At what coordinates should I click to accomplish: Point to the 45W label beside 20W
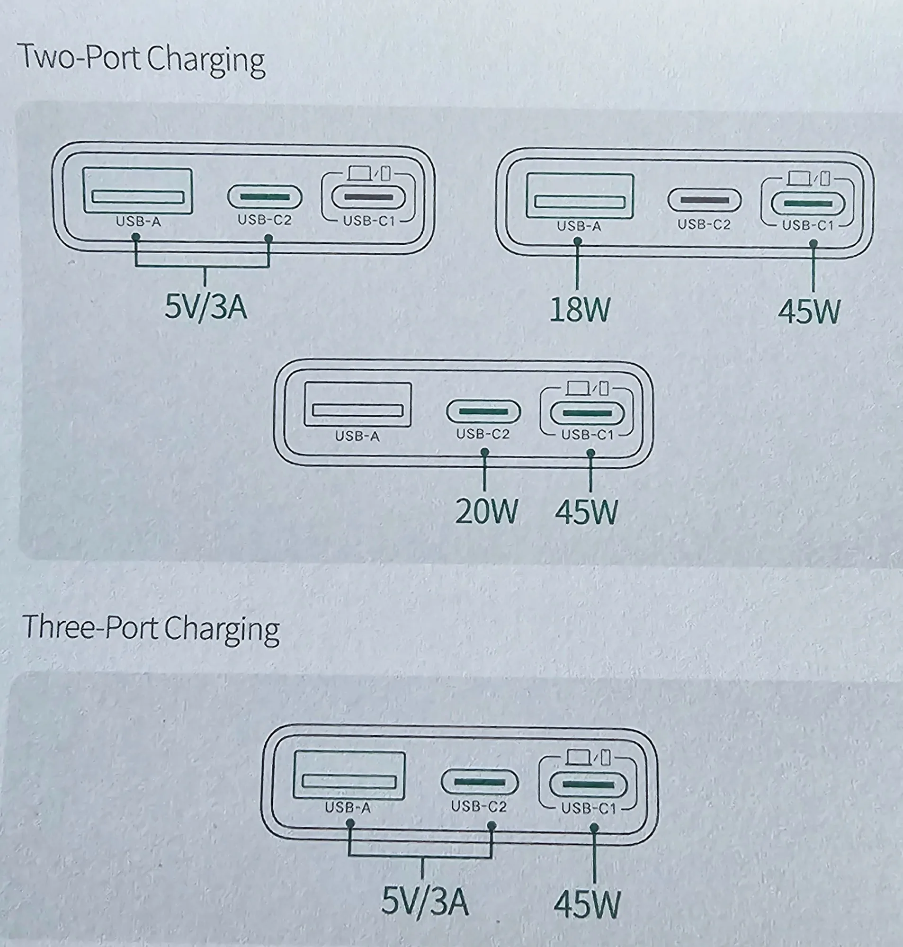point(586,512)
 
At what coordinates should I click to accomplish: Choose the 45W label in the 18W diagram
point(809,312)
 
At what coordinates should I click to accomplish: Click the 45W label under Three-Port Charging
point(587,905)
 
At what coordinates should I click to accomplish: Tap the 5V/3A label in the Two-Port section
point(206,306)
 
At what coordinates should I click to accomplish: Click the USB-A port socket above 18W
point(580,196)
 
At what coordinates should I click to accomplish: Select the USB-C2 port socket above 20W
point(483,411)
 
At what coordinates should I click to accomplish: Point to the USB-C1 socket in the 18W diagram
point(808,204)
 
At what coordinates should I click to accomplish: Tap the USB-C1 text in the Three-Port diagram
point(588,808)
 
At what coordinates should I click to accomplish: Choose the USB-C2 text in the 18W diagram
point(704,225)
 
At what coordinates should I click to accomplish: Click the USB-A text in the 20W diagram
point(357,437)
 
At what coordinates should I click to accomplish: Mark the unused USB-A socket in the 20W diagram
point(358,404)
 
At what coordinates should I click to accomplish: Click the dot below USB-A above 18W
point(578,241)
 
